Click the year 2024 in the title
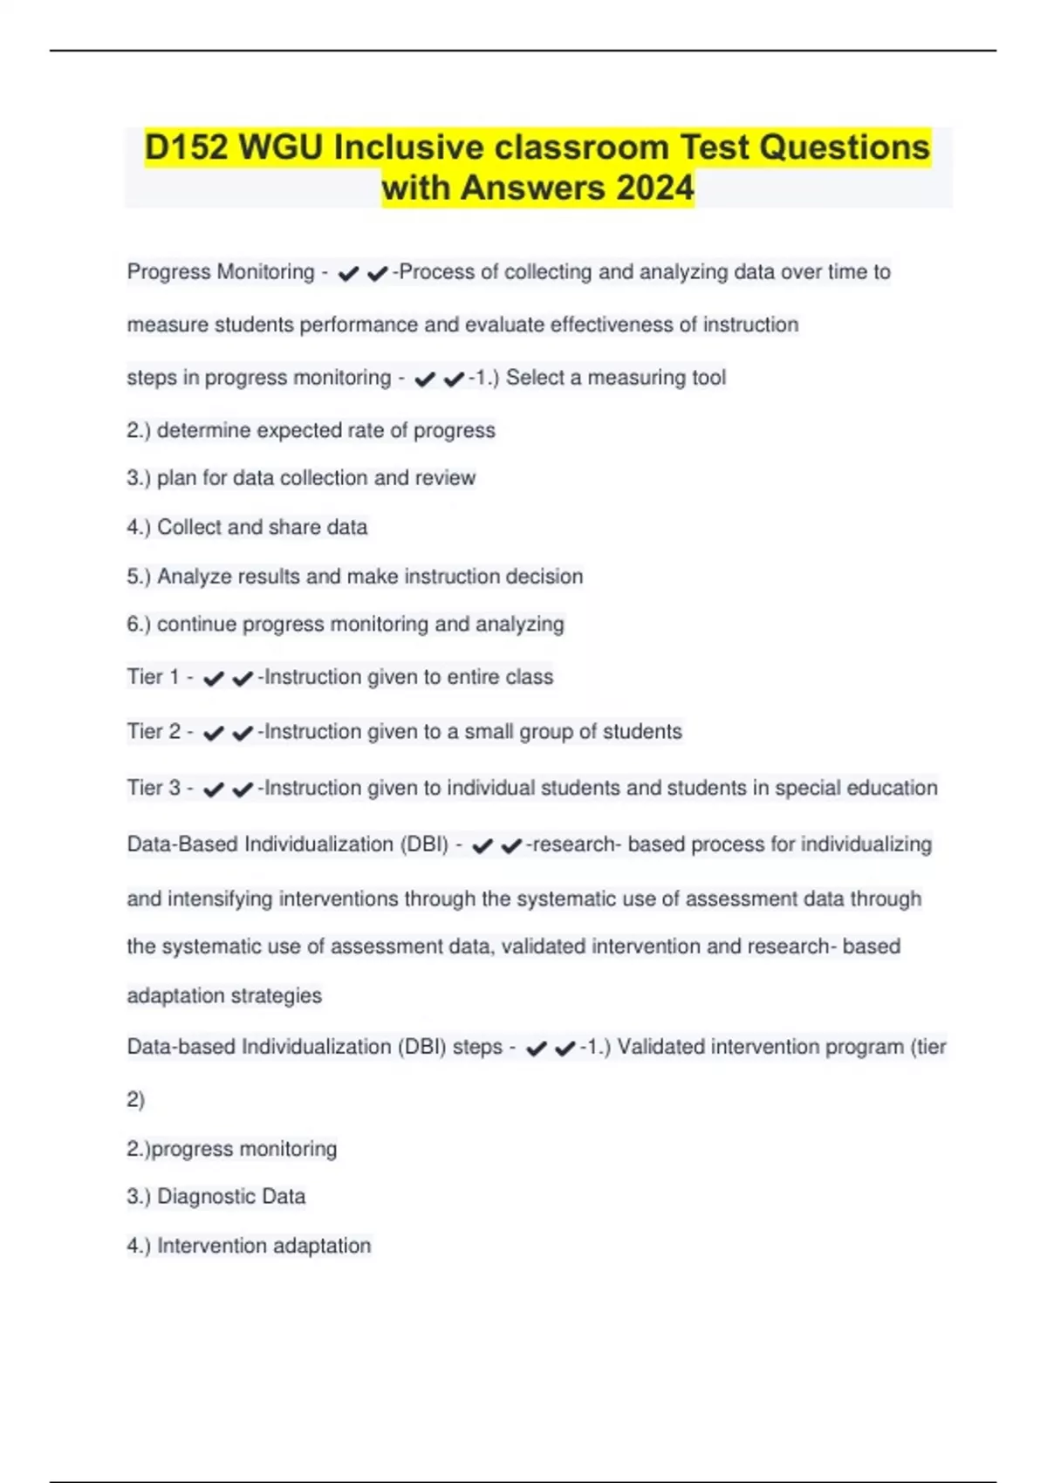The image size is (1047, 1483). (x=654, y=188)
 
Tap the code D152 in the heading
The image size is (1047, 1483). (x=186, y=147)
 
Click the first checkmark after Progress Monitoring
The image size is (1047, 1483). (x=348, y=274)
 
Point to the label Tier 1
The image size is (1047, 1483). (x=153, y=677)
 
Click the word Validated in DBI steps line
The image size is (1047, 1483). (x=660, y=1047)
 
